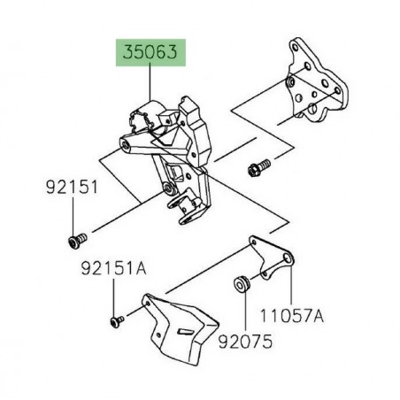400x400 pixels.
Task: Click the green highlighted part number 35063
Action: coord(150,53)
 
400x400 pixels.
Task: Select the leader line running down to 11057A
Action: coord(293,282)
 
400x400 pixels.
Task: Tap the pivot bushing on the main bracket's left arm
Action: coord(131,148)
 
